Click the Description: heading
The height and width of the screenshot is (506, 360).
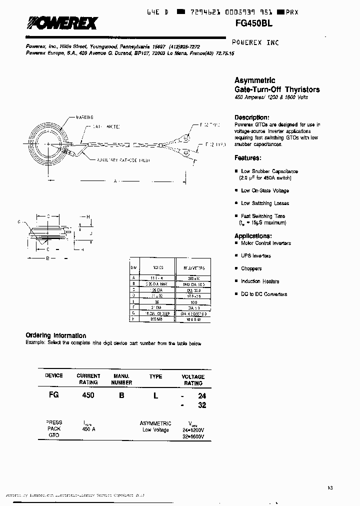point(252,117)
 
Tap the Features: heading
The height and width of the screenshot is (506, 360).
point(247,158)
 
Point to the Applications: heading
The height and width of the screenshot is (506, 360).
point(253,236)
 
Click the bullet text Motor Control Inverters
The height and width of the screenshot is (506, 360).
point(265,243)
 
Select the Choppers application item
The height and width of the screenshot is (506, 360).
point(251,268)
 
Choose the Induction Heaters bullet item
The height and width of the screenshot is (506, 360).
point(260,281)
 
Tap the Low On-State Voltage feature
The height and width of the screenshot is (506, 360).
point(264,190)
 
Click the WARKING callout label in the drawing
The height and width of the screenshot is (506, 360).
point(84,116)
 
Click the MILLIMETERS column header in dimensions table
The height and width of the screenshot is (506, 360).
point(192,268)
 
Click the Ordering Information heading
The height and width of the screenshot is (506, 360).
point(55,335)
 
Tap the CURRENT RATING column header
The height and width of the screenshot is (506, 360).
point(88,379)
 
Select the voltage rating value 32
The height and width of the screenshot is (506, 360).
point(202,405)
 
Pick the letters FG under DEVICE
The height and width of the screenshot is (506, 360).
point(53,395)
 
